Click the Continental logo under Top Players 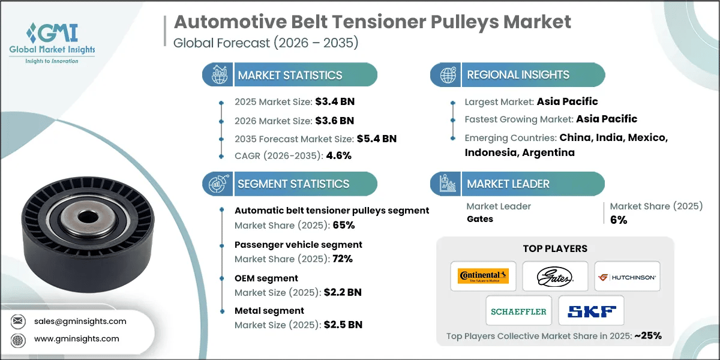point(483,276)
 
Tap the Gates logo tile point(555,276)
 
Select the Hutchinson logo point(627,277)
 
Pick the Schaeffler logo point(519,311)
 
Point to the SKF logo point(591,311)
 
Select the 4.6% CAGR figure point(338,155)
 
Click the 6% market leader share point(618,220)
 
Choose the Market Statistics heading point(290,75)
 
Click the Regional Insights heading point(518,75)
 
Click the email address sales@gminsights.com point(80,321)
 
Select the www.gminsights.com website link point(76,338)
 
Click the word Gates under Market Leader point(480,219)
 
